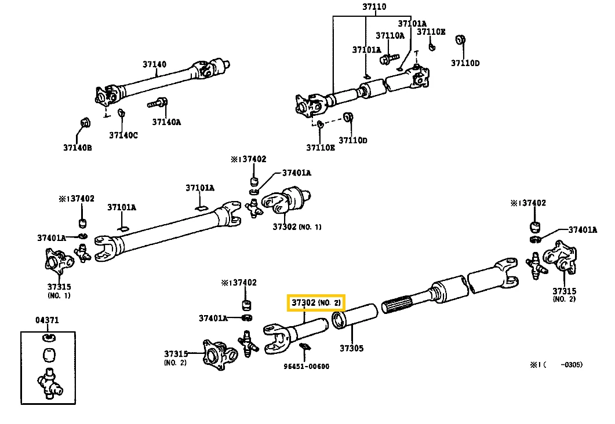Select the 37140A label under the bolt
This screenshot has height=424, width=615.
[166, 122]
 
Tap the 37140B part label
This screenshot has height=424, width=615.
[78, 148]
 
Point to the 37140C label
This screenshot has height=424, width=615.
[123, 136]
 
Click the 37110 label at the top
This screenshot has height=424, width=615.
[374, 8]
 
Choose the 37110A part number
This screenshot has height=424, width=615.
[390, 35]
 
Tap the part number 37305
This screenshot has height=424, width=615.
[351, 348]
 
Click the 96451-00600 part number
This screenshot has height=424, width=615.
[306, 366]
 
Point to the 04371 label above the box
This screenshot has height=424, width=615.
[48, 320]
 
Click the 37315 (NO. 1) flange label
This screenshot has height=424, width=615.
[59, 290]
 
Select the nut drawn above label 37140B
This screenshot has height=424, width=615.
[83, 122]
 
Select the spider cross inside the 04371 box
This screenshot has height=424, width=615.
[48, 383]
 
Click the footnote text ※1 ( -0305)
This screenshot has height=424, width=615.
[555, 364]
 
